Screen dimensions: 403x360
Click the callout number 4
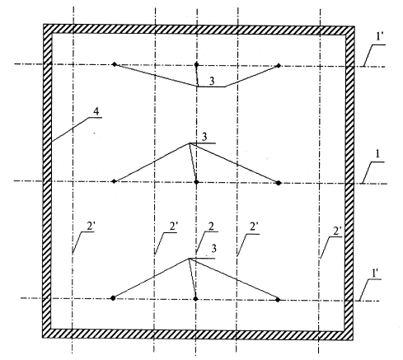96,111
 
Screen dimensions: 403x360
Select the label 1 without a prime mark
377,154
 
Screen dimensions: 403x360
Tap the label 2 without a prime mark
211,227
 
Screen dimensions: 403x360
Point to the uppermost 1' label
380,37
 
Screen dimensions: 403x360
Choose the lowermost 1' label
374,273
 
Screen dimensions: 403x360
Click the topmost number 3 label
212,82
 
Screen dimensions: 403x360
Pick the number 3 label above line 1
204,138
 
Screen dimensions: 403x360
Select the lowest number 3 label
213,249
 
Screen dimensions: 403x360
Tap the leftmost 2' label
91,227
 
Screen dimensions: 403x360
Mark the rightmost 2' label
337,231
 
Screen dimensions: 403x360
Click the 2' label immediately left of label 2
174,227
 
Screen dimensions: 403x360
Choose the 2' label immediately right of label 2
254,227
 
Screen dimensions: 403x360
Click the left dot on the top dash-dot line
115,64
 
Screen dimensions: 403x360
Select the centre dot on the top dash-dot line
196,65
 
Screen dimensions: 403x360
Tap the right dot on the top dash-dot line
279,66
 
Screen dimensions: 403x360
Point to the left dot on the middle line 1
114,181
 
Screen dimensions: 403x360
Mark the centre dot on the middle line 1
196,182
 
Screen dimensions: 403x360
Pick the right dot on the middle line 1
279,183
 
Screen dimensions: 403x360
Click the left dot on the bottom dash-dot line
113,298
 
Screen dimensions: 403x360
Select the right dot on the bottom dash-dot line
278,300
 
